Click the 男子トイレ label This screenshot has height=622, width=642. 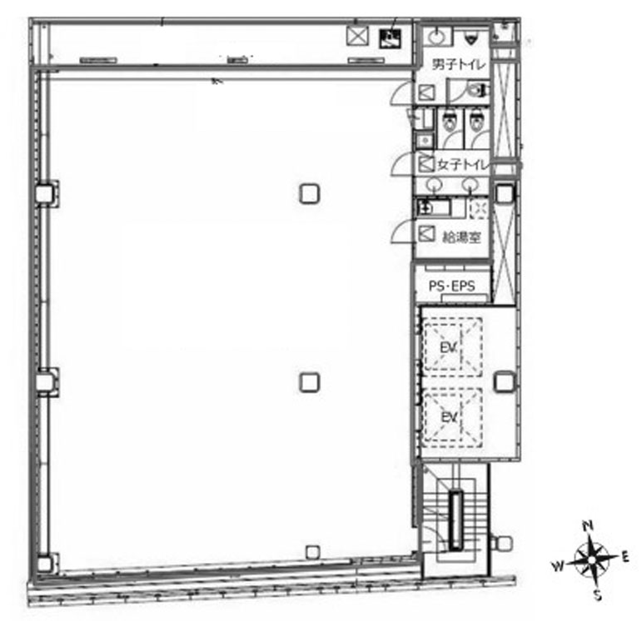pyautogui.click(x=459, y=64)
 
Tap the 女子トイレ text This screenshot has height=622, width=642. pyautogui.click(x=463, y=165)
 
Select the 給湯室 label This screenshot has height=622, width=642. pyautogui.click(x=461, y=237)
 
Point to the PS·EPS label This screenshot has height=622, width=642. pyautogui.click(x=451, y=286)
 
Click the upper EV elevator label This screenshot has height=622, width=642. pyautogui.click(x=449, y=348)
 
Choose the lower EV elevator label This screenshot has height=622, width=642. pyautogui.click(x=450, y=417)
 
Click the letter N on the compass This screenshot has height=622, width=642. pyautogui.click(x=588, y=525)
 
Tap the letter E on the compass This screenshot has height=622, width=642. pyautogui.click(x=625, y=556)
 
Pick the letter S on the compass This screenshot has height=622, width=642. pyautogui.click(x=598, y=595)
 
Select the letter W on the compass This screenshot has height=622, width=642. pyautogui.click(x=558, y=566)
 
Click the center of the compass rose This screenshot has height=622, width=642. pyautogui.click(x=593, y=560)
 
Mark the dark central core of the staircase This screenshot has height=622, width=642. pyautogui.click(x=455, y=520)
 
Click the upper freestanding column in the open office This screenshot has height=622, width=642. pyautogui.click(x=310, y=193)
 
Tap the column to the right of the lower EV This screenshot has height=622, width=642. pyautogui.click(x=505, y=381)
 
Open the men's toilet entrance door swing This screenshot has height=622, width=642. pyautogui.click(x=403, y=92)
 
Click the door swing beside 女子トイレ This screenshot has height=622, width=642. pyautogui.click(x=403, y=163)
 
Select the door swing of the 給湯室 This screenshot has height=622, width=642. pyautogui.click(x=403, y=231)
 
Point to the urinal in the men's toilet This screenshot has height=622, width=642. pyautogui.click(x=470, y=39)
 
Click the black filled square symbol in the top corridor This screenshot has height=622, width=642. pyautogui.click(x=390, y=38)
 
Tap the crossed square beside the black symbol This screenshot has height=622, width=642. pyautogui.click(x=357, y=36)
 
